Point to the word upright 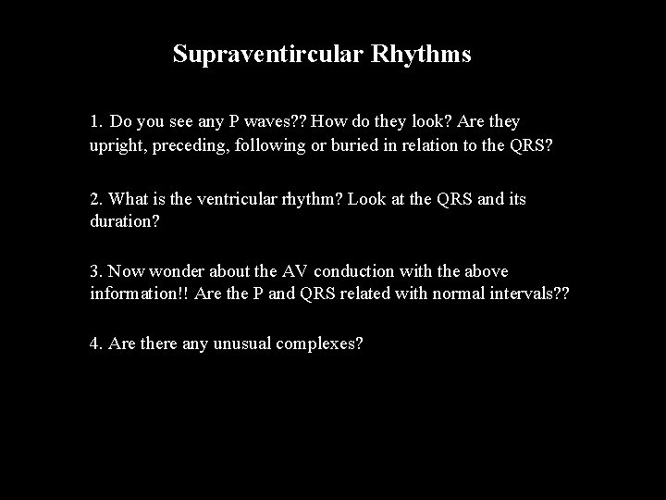coord(117,146)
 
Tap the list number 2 coord(95,198)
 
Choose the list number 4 coord(95,344)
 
